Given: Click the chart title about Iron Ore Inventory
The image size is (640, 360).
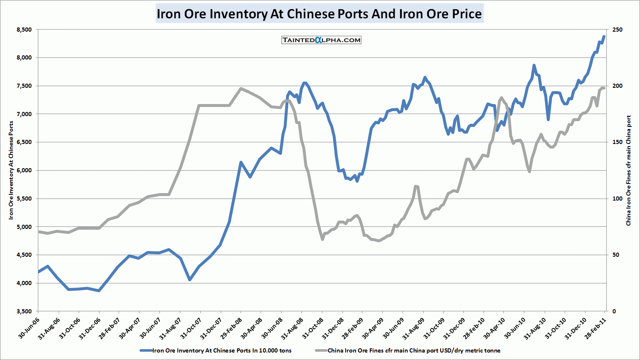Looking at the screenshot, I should coord(319,14).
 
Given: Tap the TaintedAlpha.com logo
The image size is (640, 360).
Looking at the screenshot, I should coord(321,40).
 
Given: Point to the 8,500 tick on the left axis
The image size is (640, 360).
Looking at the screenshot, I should coord(24,30).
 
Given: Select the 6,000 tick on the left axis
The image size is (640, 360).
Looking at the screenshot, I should coord(24,170).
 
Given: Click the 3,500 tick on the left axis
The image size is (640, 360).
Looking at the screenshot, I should coord(24,311).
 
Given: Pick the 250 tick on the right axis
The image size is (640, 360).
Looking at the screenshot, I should coord(617,30).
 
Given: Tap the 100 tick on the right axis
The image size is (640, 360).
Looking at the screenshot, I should coord(617,199).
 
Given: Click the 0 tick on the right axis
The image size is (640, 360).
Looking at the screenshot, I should coord(614,311).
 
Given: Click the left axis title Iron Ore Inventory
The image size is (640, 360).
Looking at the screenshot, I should coord(11,170).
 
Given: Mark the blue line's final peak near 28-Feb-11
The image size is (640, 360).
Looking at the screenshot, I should coord(604,37).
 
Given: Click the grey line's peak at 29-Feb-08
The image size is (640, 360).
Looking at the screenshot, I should coord(241,88).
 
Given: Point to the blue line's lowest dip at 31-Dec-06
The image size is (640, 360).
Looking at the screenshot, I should coord(99,290).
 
